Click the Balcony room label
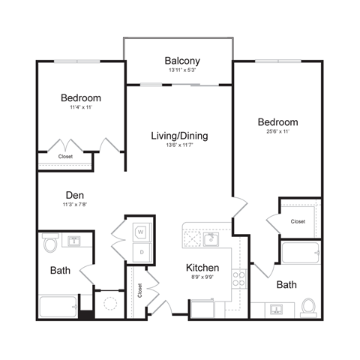tap(180, 61)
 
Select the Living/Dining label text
tap(179, 136)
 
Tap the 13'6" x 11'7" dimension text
tap(179, 146)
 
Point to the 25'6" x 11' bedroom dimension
tap(278, 132)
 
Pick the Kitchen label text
tap(202, 268)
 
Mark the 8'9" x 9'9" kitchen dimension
tap(202, 277)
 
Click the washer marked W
tap(140, 233)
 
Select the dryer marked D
tap(140, 252)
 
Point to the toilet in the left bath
tap(49, 244)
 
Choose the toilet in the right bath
tap(308, 307)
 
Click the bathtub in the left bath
tap(58, 308)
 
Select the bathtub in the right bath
tap(301, 253)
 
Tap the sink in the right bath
tap(274, 308)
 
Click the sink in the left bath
tap(75, 241)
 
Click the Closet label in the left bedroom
tap(66, 157)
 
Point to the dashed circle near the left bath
tap(110, 304)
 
